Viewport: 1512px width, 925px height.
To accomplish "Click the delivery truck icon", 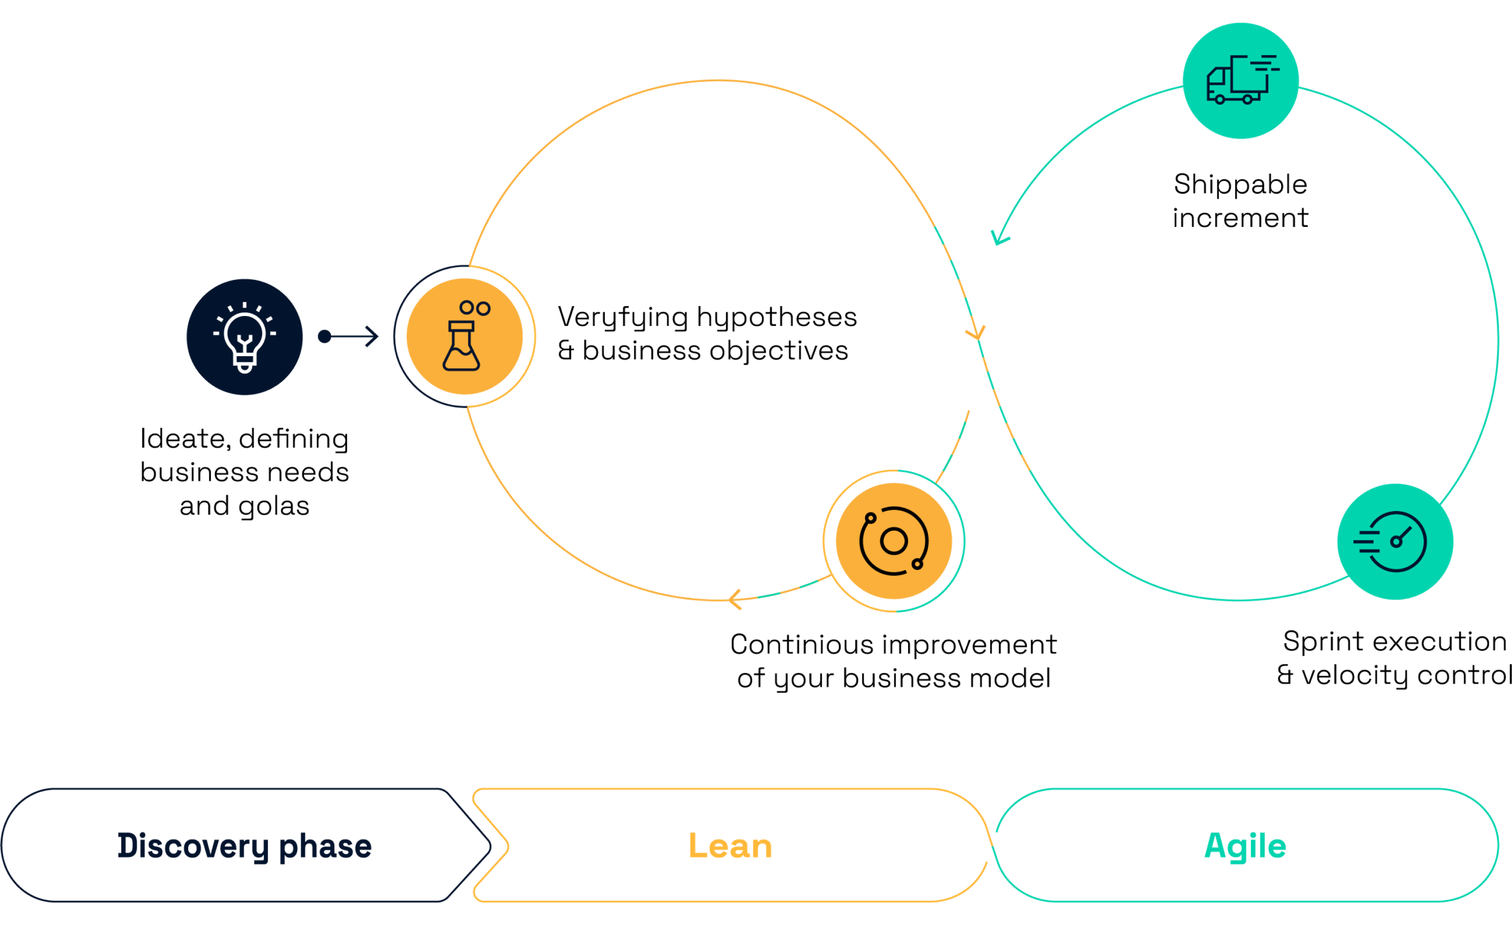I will pyautogui.click(x=1240, y=80).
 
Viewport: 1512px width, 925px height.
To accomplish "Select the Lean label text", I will pyautogui.click(x=730, y=846).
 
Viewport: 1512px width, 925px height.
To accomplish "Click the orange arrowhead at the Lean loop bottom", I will pyautogui.click(x=734, y=599).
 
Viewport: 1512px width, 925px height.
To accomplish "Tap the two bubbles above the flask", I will pyautogui.click(x=475, y=308).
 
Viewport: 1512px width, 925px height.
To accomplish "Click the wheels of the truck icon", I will pyautogui.click(x=1233, y=99).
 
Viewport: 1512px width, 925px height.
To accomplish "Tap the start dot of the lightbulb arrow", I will pyautogui.click(x=324, y=336).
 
